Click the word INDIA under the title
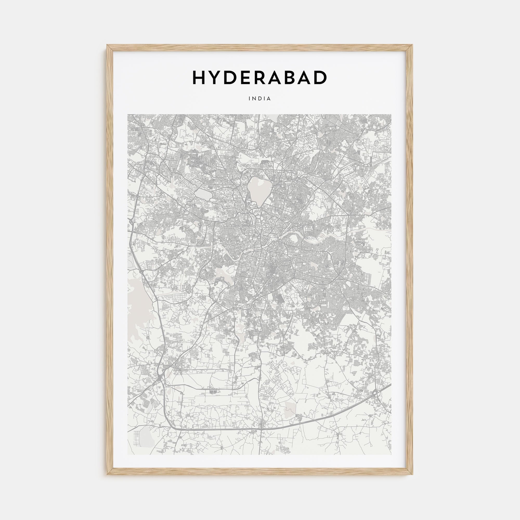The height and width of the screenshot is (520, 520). click(260, 99)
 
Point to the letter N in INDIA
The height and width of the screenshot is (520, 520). click(254, 99)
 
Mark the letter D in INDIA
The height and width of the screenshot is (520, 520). click(260, 99)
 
